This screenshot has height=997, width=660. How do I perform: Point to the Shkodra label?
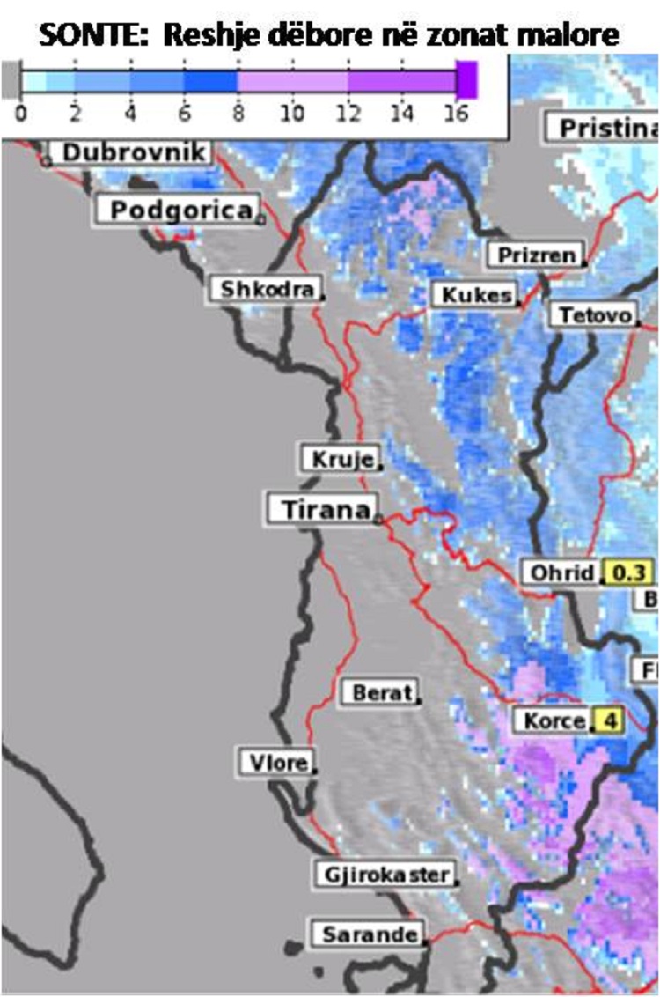pos(265,289)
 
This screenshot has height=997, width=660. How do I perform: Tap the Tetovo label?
pos(594,314)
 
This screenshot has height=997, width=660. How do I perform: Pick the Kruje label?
pos(341,459)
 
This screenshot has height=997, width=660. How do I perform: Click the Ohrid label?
pos(561,572)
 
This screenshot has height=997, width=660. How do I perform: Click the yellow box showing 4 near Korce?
pos(608,720)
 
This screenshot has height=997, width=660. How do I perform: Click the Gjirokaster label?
pos(385,875)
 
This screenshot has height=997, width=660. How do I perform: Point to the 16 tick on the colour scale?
pos(456,114)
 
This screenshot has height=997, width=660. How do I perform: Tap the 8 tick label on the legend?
pos(238,114)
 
